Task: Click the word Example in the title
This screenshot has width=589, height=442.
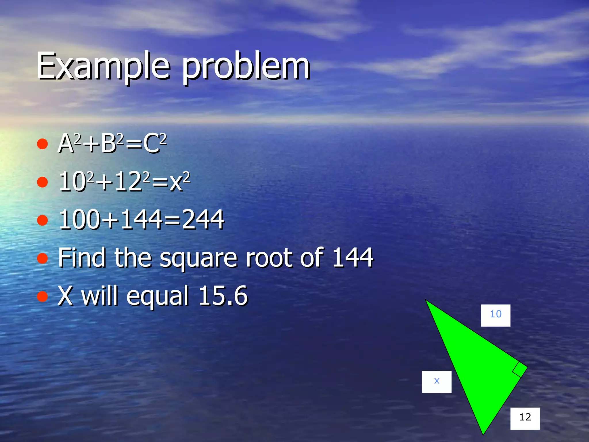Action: [x=103, y=66]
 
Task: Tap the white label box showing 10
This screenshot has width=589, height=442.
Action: [x=496, y=315]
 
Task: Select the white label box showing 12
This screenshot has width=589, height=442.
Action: [x=525, y=418]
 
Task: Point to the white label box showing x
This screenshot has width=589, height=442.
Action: [x=437, y=382]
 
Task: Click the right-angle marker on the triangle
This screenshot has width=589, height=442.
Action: [x=519, y=369]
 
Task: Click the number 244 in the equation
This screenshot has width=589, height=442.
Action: [x=203, y=220]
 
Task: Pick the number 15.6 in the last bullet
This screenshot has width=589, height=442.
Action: [x=223, y=296]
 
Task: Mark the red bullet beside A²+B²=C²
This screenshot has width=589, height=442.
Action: [x=43, y=144]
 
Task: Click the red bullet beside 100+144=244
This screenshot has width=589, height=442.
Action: [x=43, y=220]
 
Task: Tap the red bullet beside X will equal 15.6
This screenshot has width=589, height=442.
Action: [x=43, y=296]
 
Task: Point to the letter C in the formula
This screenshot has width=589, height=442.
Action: [x=151, y=144]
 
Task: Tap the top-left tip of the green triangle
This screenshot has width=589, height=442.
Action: [x=426, y=301]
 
